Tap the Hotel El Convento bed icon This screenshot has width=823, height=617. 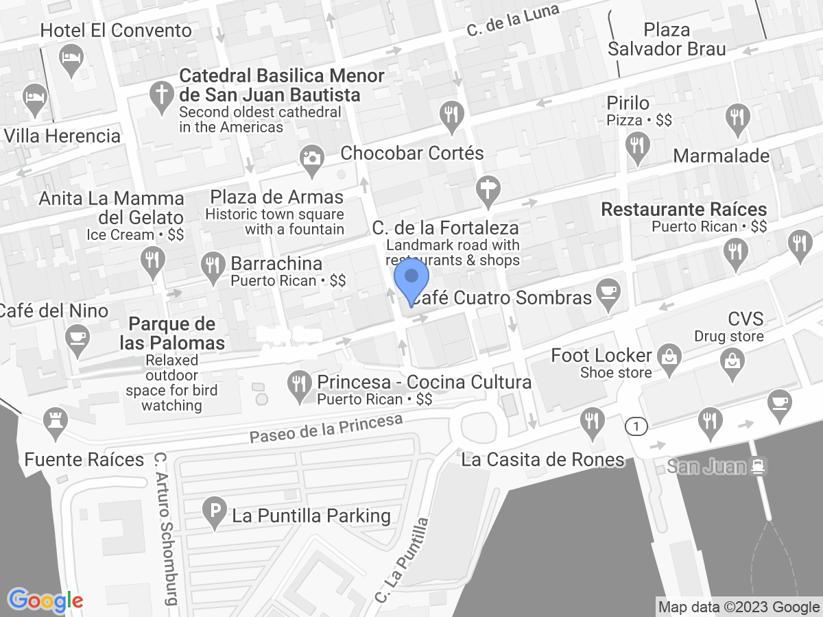[71, 57]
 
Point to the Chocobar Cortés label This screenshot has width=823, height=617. [412, 153]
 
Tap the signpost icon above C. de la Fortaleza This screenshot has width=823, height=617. [488, 188]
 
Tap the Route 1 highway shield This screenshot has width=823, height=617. [636, 426]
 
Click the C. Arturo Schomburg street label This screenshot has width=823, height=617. [165, 528]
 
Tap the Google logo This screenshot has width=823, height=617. [45, 601]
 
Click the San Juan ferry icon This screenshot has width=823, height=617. [758, 466]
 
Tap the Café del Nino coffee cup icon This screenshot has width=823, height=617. [77, 337]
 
